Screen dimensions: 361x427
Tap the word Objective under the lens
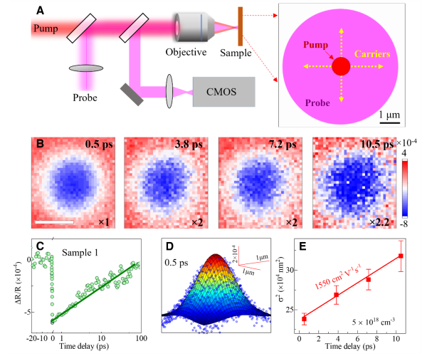tap(186, 52)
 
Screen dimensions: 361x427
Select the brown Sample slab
tap(241, 28)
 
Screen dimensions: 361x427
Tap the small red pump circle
tap(341, 67)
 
